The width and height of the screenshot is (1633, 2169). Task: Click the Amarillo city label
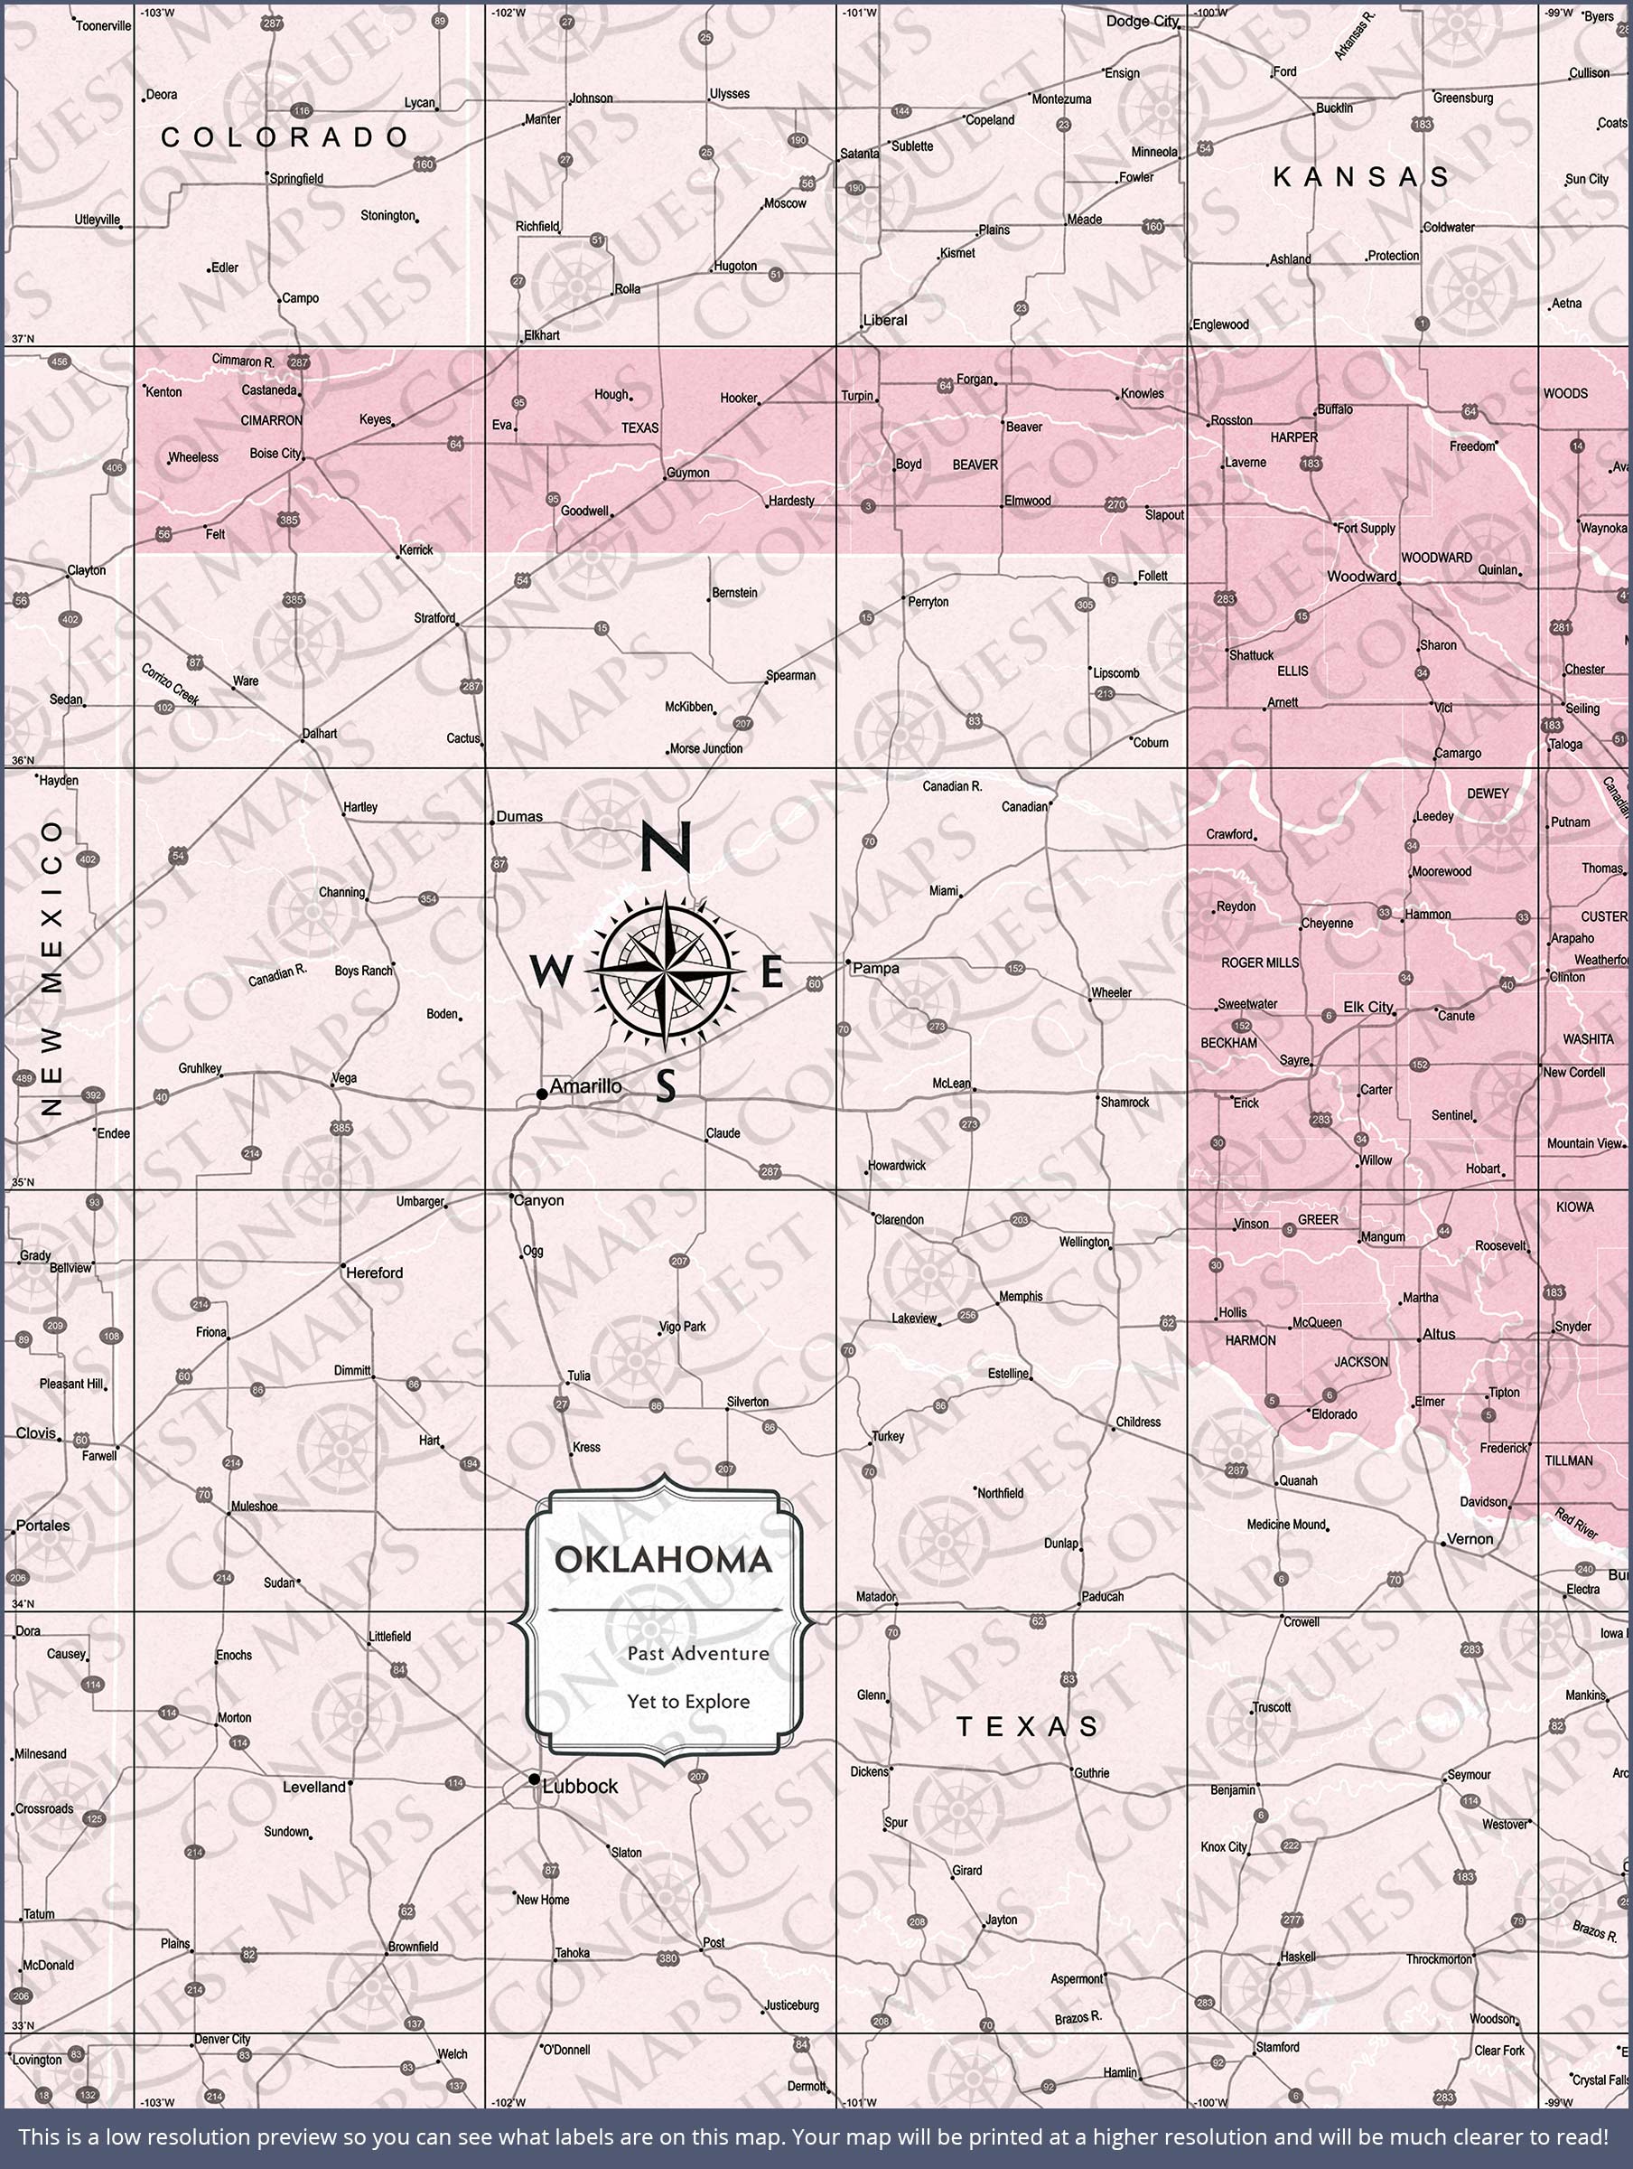(x=585, y=1085)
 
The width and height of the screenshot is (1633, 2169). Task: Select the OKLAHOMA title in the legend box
(x=664, y=1559)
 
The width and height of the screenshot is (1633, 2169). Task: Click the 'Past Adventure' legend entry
(x=698, y=1653)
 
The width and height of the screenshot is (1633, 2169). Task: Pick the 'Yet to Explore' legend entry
(x=688, y=1701)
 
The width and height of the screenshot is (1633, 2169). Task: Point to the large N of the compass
(x=667, y=847)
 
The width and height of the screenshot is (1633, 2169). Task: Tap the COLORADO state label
(x=285, y=137)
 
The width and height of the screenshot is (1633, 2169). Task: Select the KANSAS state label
(x=1360, y=176)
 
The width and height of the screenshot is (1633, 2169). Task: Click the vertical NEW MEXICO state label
(x=52, y=969)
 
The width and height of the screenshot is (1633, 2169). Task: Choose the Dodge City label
(x=1142, y=21)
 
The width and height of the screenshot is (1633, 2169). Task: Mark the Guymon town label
(x=688, y=473)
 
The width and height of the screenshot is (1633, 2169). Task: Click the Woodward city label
(x=1361, y=577)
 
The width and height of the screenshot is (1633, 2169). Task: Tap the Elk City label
(x=1367, y=1007)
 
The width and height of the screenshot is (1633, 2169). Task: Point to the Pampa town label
(x=875, y=968)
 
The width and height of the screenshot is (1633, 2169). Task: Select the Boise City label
(x=275, y=453)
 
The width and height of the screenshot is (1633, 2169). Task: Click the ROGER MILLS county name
(x=1260, y=962)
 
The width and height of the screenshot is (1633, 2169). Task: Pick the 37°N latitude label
(x=22, y=338)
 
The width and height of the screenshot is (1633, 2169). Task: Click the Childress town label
(x=1138, y=1422)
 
